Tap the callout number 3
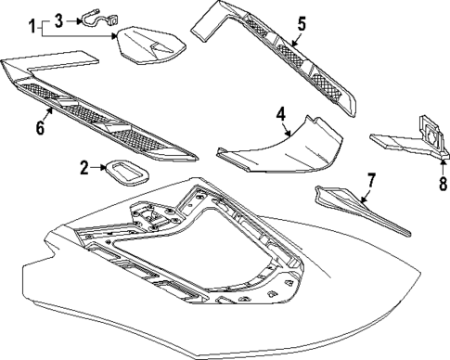(x=59, y=19)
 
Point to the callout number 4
(x=279, y=116)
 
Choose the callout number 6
(x=41, y=127)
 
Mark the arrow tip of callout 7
(x=358, y=203)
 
